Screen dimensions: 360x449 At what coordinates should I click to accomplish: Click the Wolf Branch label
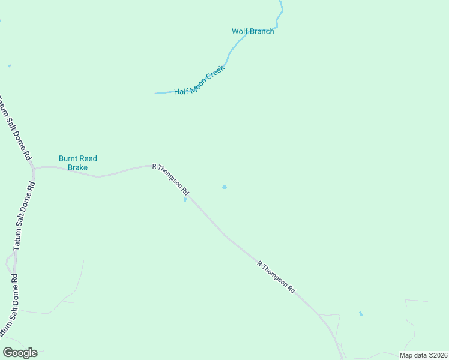coord(253,31)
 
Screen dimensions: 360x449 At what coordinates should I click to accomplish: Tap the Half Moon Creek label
coord(199,80)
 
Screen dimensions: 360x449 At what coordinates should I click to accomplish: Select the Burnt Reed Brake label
coord(77,163)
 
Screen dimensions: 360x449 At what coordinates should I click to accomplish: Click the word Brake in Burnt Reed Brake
coord(77,167)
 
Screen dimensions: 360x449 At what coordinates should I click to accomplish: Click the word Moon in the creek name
coord(199,82)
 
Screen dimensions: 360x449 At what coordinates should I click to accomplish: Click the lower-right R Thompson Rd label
coord(276,276)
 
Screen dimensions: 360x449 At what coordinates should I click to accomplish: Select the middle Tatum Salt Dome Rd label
coord(25,215)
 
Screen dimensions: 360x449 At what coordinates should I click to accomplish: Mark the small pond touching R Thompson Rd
coord(185,200)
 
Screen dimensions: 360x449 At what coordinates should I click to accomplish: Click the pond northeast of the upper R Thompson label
coord(224,187)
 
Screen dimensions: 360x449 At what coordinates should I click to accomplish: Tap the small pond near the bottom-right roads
coord(361,314)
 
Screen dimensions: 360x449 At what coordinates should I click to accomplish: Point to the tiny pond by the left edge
coord(10,66)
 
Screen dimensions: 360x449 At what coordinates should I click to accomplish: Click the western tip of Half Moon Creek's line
coord(155,94)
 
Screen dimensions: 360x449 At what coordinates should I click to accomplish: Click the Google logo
coord(20,353)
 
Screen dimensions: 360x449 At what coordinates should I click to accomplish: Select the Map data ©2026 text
coord(423,355)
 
